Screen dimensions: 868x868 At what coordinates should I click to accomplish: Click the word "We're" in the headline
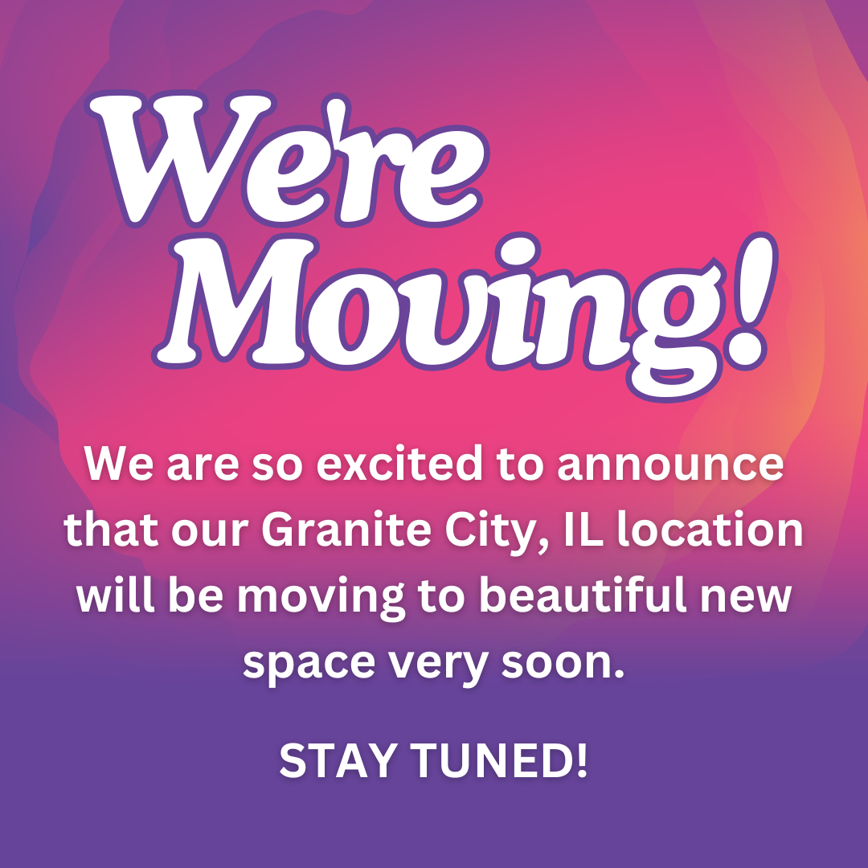288,159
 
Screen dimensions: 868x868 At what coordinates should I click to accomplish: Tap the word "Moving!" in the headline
465,316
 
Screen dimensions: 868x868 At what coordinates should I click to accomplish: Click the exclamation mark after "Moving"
750,301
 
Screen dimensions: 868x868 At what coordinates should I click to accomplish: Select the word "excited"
399,464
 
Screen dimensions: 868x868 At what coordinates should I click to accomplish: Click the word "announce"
670,465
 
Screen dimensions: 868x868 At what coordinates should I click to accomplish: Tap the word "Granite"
346,530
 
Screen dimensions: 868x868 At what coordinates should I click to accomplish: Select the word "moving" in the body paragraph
321,598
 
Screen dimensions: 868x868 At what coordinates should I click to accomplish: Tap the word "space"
309,665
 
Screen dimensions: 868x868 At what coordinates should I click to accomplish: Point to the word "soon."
563,662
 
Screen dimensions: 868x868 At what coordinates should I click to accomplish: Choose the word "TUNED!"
499,760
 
